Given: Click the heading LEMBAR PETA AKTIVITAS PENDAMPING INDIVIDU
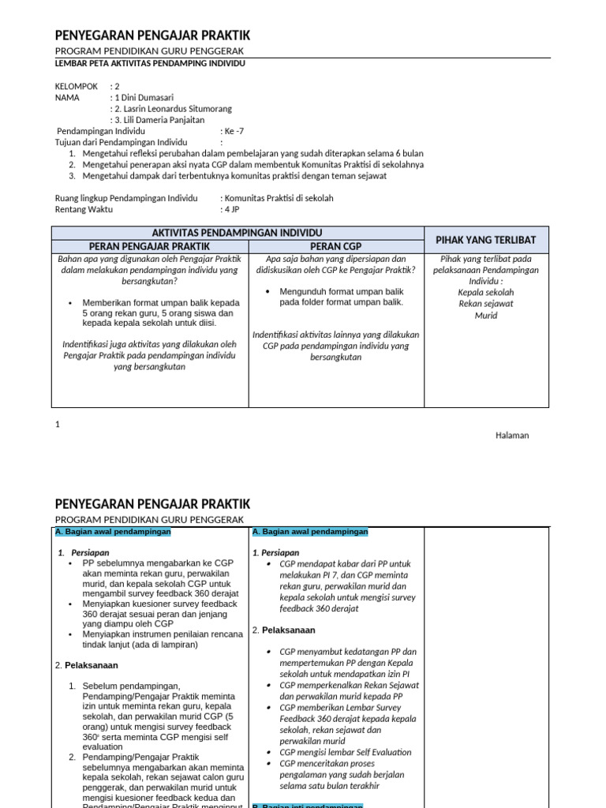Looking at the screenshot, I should click(150, 64).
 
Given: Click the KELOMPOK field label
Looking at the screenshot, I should click(77, 86).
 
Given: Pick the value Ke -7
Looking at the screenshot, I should click(232, 131).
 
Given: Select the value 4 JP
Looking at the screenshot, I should click(232, 210).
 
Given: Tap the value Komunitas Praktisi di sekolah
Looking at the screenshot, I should click(278, 198).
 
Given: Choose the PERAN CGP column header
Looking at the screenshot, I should click(336, 246).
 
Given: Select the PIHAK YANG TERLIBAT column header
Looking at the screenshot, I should click(486, 239).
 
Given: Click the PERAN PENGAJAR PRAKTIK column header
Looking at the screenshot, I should click(150, 246).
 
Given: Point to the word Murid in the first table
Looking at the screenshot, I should click(486, 316).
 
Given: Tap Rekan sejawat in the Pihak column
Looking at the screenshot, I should click(486, 303).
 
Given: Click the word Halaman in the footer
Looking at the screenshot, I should click(512, 436).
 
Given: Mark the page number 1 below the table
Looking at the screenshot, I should click(58, 425).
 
